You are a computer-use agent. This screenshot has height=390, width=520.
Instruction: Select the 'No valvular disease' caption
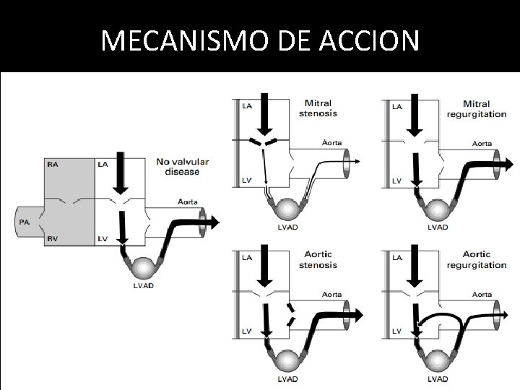(x=182, y=166)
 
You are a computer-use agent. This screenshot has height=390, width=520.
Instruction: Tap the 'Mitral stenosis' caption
(x=317, y=108)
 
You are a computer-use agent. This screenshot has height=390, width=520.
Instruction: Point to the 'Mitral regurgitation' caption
(x=476, y=109)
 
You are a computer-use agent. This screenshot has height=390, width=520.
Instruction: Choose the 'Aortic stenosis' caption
(x=317, y=259)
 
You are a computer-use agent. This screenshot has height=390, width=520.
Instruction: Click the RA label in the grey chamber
(x=53, y=165)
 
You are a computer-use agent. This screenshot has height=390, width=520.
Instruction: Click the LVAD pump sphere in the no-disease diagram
(x=143, y=265)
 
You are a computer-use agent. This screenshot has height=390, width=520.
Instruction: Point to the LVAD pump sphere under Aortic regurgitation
(x=438, y=360)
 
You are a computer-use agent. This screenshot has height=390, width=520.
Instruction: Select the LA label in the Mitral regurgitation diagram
(x=397, y=107)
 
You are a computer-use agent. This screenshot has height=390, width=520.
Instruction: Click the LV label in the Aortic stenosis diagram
(x=246, y=331)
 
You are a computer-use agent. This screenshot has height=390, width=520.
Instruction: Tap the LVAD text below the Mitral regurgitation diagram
(x=438, y=227)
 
